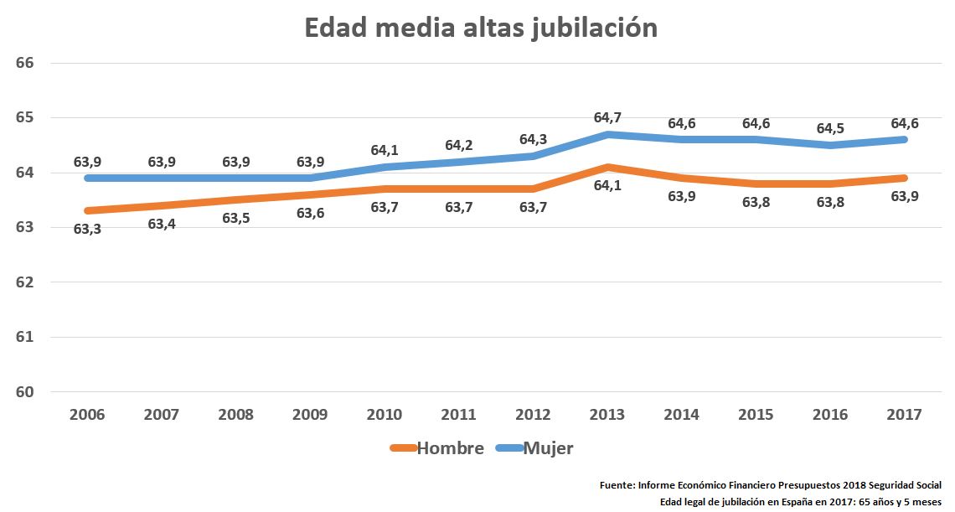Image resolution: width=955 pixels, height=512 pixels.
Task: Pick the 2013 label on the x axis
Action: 607,415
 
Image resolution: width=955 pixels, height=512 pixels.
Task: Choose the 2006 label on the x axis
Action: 87,415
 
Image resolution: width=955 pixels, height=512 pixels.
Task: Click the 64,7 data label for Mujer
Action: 607,117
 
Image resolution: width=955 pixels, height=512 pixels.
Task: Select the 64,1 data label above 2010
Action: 385,151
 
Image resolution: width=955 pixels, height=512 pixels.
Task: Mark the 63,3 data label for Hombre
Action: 87,229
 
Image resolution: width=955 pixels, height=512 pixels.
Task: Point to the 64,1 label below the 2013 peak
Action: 607,185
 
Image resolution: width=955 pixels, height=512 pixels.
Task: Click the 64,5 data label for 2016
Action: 831,128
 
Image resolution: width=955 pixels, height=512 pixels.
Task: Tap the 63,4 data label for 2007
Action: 162,224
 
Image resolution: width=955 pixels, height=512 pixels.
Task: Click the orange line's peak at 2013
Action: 607,167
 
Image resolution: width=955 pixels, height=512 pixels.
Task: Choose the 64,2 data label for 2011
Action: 459,145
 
